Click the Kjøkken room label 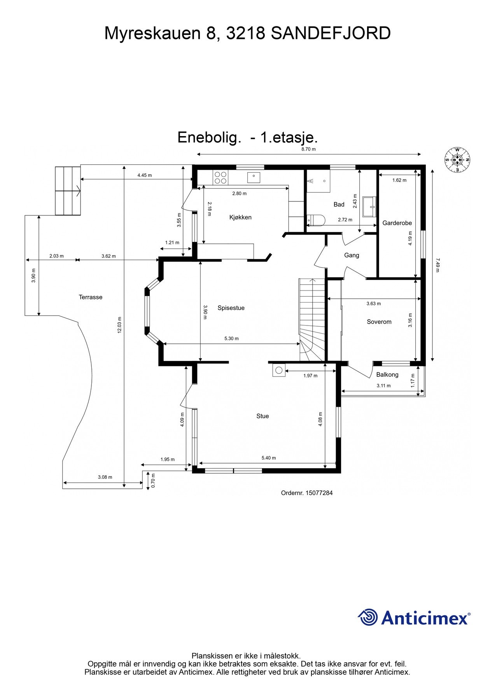240,217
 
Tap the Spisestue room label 231,308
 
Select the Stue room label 262,416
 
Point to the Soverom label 379,322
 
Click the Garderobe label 397,223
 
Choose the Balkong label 387,374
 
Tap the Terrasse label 91,297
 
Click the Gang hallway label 352,255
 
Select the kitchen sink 254,177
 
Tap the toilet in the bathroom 315,220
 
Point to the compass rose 457,160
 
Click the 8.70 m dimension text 309,149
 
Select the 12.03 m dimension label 120,325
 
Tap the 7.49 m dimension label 438,265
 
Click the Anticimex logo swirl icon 368,617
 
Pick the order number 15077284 319,493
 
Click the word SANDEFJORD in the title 331,33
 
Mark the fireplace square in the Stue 279,370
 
